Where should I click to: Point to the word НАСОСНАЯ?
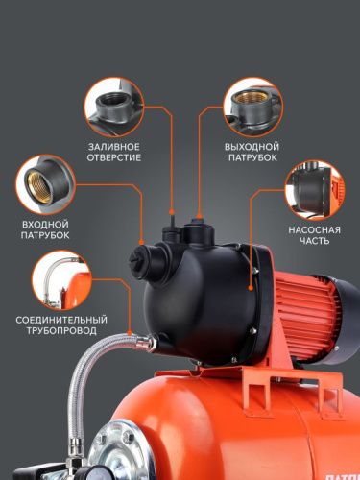pyautogui.click(x=314, y=230)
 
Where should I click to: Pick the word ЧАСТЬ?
pyautogui.click(x=314, y=243)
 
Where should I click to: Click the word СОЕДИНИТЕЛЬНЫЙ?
pyautogui.click(x=61, y=319)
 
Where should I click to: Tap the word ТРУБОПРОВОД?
pyautogui.click(x=61, y=331)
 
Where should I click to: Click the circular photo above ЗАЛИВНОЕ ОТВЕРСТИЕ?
pyautogui.click(x=116, y=106)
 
